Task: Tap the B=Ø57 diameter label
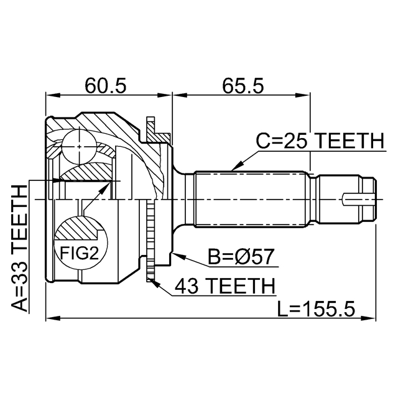click(241, 256)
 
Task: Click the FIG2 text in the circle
click(78, 252)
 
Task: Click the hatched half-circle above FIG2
click(78, 228)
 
